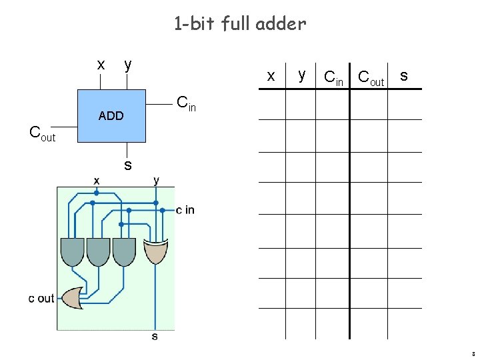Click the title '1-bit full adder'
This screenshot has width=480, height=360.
tap(240, 24)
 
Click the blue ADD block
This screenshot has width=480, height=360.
tap(111, 115)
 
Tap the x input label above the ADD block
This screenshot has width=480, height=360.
tap(101, 65)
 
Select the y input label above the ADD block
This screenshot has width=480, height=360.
tap(128, 65)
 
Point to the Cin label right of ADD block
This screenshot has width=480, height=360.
tap(186, 103)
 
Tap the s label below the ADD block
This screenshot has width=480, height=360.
tap(127, 164)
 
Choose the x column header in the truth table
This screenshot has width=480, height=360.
tap(271, 76)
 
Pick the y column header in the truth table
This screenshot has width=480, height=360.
tap(302, 75)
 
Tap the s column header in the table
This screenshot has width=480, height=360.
tap(404, 76)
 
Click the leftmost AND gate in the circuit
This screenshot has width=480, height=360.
tap(72, 251)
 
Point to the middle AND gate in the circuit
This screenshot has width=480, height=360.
tap(98, 251)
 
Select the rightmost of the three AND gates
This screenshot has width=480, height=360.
tap(124, 251)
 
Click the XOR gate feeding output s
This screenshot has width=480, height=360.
tap(156, 251)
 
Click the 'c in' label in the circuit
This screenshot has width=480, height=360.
tap(185, 211)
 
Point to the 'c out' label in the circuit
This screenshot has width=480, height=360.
tap(41, 299)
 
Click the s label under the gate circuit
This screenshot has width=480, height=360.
tap(155, 337)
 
